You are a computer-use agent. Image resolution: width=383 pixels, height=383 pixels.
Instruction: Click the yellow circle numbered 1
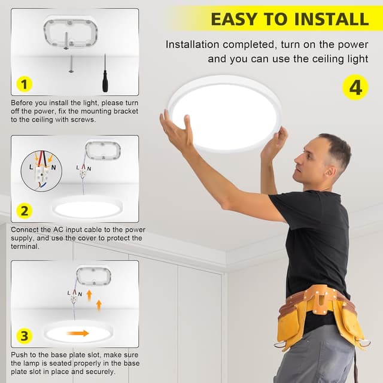tap(23, 84)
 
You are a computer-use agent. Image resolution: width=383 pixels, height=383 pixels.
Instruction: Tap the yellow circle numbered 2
tap(23, 211)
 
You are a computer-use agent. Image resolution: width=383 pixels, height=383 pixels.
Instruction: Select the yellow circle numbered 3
tap(23, 336)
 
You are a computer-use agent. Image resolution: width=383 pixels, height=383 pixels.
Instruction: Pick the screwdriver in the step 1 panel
tap(105, 73)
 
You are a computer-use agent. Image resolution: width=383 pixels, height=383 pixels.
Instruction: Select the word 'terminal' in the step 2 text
tap(26, 246)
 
